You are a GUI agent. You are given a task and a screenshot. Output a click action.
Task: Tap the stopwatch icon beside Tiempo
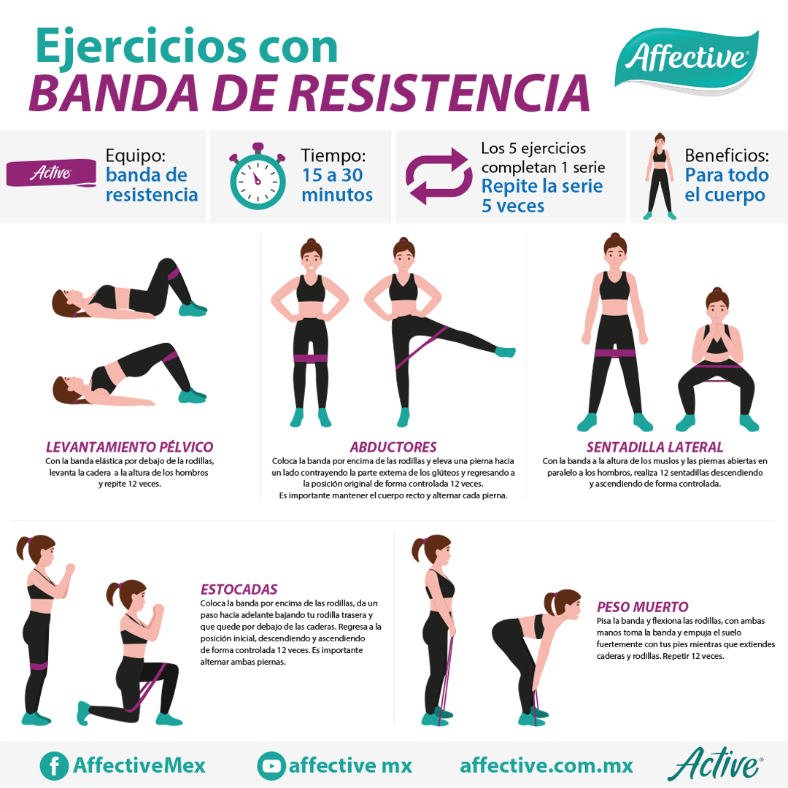(257, 177)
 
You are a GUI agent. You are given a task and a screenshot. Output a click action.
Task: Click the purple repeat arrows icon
(437, 176)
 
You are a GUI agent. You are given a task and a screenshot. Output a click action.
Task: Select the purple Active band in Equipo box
(51, 173)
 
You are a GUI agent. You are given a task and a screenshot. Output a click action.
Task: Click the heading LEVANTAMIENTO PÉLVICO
(130, 447)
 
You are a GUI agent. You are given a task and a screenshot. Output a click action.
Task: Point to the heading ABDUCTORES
(393, 447)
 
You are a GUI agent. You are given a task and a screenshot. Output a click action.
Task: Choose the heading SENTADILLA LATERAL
(654, 447)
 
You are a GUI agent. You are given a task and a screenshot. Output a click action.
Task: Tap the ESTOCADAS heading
(239, 589)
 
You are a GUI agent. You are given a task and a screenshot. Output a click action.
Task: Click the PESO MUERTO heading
(642, 606)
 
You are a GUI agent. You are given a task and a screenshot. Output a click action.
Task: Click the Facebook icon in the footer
(53, 765)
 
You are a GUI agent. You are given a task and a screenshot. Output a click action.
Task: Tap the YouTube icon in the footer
(271, 765)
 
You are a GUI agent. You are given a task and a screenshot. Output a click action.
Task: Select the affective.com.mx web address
(546, 765)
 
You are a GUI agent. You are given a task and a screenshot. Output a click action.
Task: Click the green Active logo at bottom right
(714, 764)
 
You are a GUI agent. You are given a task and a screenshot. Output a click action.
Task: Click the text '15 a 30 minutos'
(337, 185)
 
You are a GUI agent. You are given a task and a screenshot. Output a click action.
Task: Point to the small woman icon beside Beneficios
(660, 177)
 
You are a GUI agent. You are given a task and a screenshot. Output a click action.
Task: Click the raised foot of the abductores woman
(505, 352)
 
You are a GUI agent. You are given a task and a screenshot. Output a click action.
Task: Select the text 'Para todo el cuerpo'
(727, 185)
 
